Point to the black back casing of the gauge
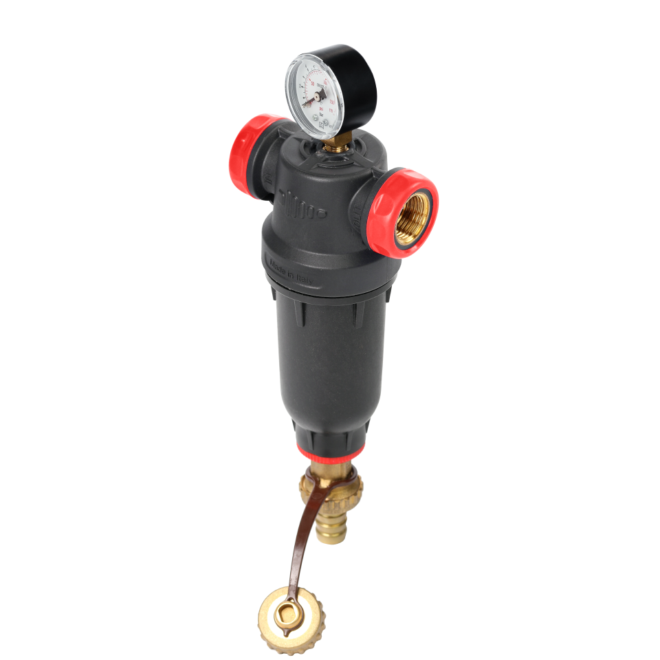357,82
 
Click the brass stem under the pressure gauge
335,144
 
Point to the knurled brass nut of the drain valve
331,489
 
